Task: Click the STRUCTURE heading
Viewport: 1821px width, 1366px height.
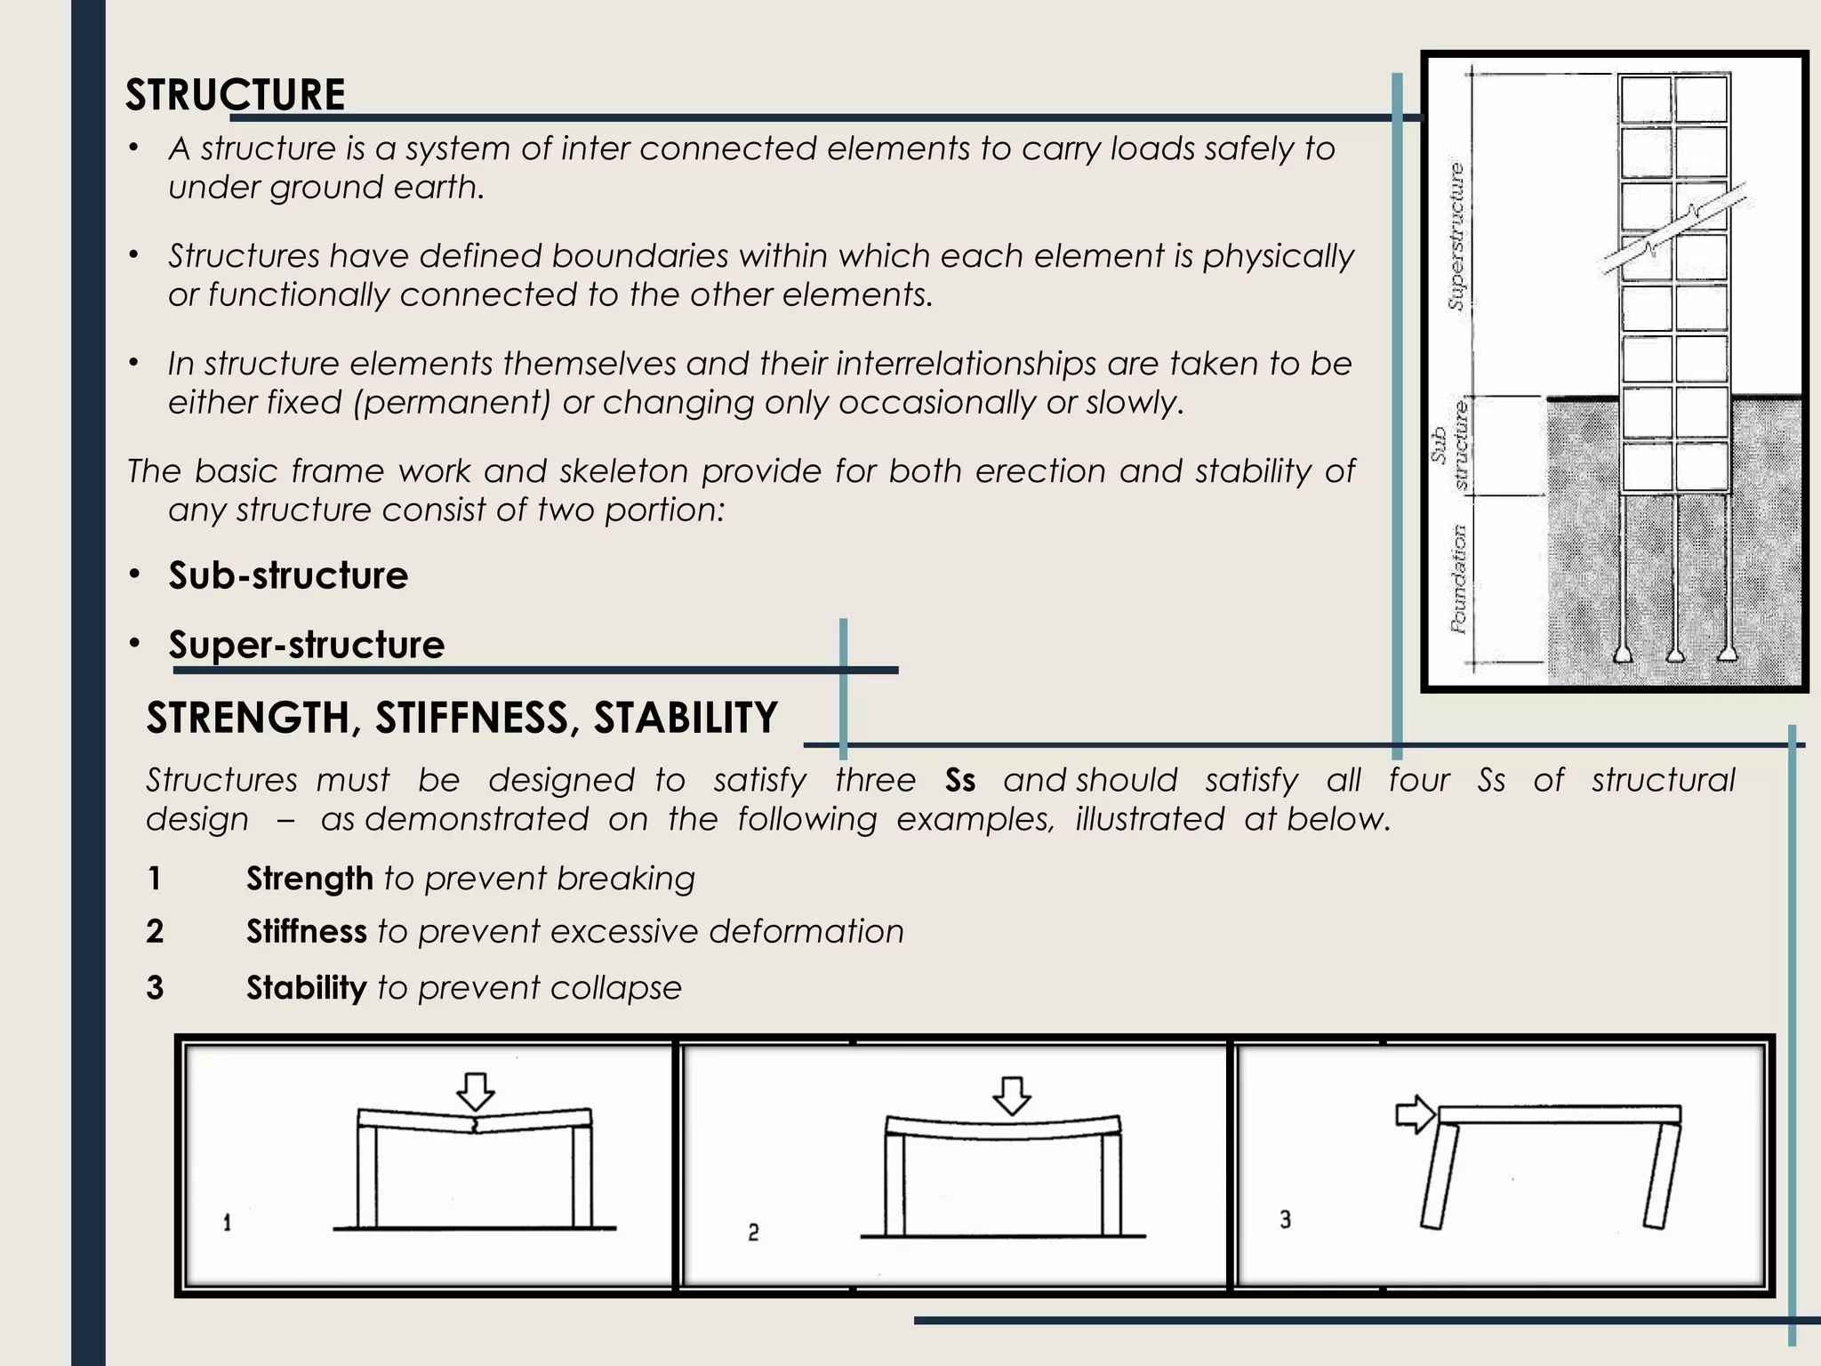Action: coord(235,94)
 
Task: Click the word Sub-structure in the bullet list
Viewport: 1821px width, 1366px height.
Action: coord(288,575)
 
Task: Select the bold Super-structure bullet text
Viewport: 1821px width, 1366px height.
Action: coord(307,645)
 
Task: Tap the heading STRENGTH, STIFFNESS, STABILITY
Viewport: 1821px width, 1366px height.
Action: coord(461,718)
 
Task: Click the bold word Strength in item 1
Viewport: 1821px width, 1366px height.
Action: coord(309,879)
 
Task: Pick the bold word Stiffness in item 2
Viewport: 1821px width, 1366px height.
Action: coord(306,932)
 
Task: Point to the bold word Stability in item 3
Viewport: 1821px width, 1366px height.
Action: coord(306,988)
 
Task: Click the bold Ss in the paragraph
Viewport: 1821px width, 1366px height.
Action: coord(960,780)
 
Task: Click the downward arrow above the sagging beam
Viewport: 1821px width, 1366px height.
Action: coord(1011,1096)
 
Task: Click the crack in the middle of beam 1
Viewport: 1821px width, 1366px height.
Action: coord(477,1126)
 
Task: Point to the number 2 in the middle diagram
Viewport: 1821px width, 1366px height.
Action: coord(753,1233)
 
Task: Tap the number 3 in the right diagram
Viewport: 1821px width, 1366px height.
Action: coord(1285,1219)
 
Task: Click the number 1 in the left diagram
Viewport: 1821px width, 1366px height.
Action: coord(227,1224)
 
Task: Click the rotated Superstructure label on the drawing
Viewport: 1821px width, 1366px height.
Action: coord(1456,236)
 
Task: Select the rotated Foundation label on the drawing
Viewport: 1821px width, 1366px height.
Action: coord(1458,578)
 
